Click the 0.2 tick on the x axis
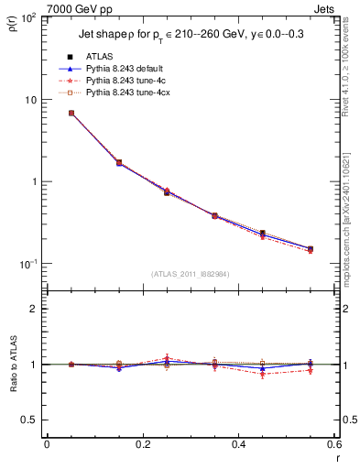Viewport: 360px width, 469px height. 142,444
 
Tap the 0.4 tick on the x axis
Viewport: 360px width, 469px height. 238,444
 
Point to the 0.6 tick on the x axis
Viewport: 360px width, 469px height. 333,444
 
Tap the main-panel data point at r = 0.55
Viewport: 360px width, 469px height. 310,248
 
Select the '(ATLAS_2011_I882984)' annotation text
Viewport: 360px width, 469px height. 190,273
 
